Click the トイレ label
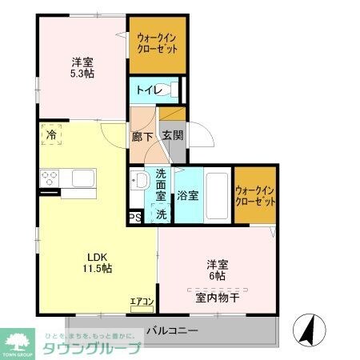[146, 90]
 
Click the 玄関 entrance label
[171, 136]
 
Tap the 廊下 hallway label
[142, 136]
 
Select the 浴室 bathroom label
[188, 194]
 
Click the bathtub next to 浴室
[217, 194]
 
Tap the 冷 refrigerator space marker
[51, 136]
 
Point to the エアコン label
[142, 302]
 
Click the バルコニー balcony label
[171, 329]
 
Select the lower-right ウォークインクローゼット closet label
[256, 195]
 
